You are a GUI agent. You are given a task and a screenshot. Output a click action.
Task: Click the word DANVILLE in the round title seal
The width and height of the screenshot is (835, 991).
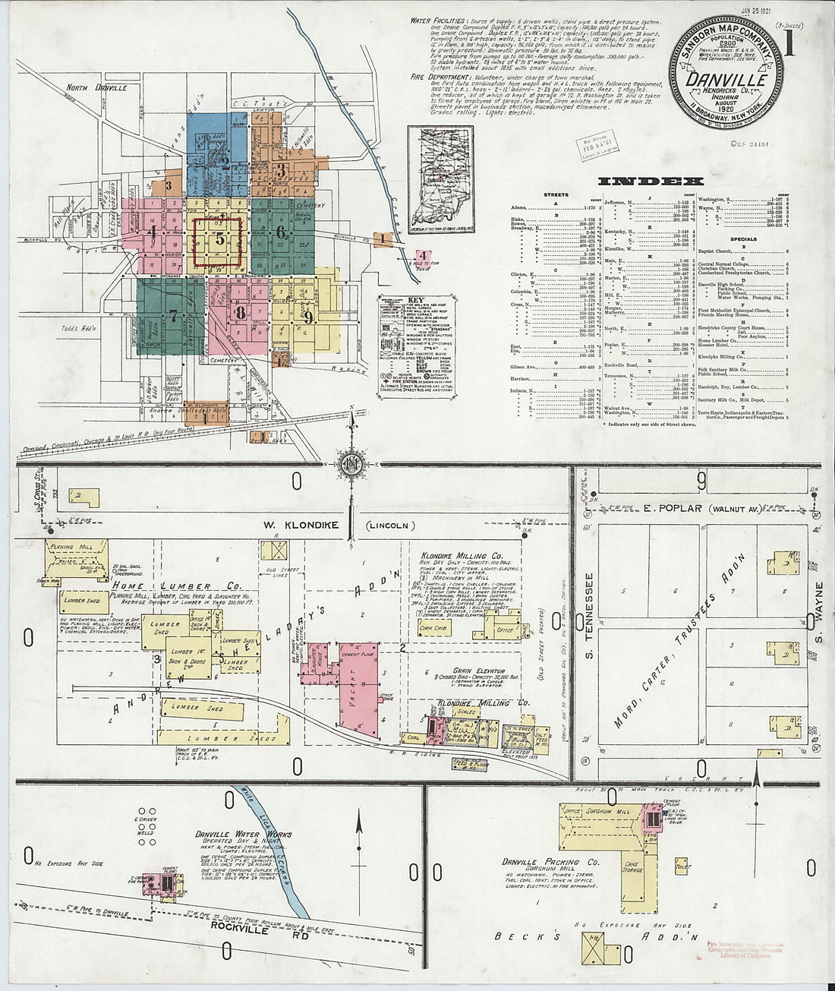726,79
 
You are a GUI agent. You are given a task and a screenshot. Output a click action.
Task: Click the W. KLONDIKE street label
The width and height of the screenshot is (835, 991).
300,525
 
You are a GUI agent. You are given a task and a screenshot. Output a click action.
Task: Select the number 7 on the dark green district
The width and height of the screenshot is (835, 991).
173,314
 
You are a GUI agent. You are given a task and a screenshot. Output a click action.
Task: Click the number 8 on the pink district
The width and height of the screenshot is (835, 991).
240,311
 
